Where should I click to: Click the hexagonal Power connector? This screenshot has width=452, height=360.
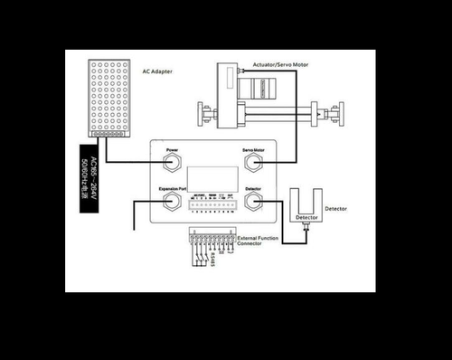(x=171, y=162)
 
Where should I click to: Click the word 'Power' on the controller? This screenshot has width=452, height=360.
(x=171, y=148)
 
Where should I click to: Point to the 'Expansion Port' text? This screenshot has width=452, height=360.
(x=172, y=188)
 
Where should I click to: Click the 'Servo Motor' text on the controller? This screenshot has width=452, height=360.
(x=252, y=148)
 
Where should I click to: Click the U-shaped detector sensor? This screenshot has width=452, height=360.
(x=306, y=206)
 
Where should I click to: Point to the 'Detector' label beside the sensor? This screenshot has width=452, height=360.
(x=336, y=210)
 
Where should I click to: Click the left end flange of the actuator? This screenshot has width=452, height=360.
(x=204, y=115)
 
